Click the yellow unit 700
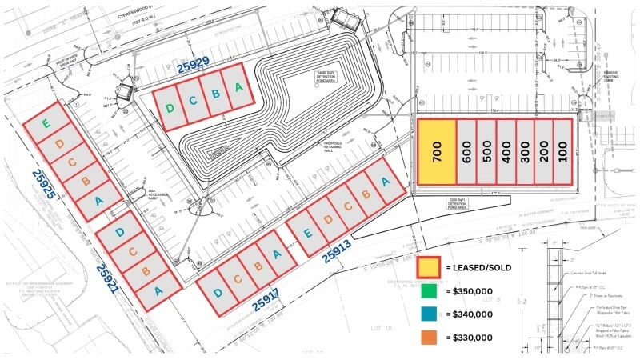click(437, 153)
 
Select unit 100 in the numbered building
click(564, 153)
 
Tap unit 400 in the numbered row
click(506, 153)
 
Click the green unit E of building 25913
click(310, 234)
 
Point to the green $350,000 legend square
click(428, 292)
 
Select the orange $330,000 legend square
click(428, 338)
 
